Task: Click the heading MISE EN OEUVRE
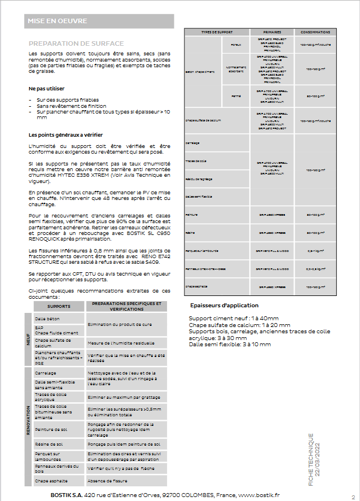tap(58, 21)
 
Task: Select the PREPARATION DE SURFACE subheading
tap(76, 43)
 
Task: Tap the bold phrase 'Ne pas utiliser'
tap(47, 89)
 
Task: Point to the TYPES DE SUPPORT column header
tap(217, 32)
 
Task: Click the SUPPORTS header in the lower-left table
tap(59, 306)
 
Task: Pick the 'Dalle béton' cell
tap(47, 319)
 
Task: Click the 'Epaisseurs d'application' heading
tap(224, 306)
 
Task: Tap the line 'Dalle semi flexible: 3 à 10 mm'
tap(230, 344)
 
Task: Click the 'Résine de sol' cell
tap(49, 445)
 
